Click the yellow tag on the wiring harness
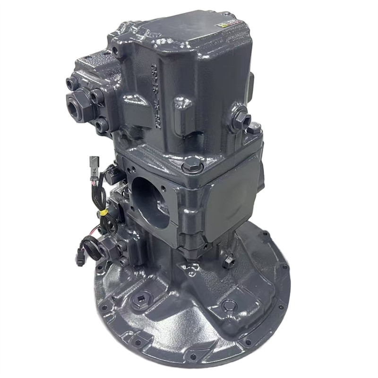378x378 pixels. point(103,213)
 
